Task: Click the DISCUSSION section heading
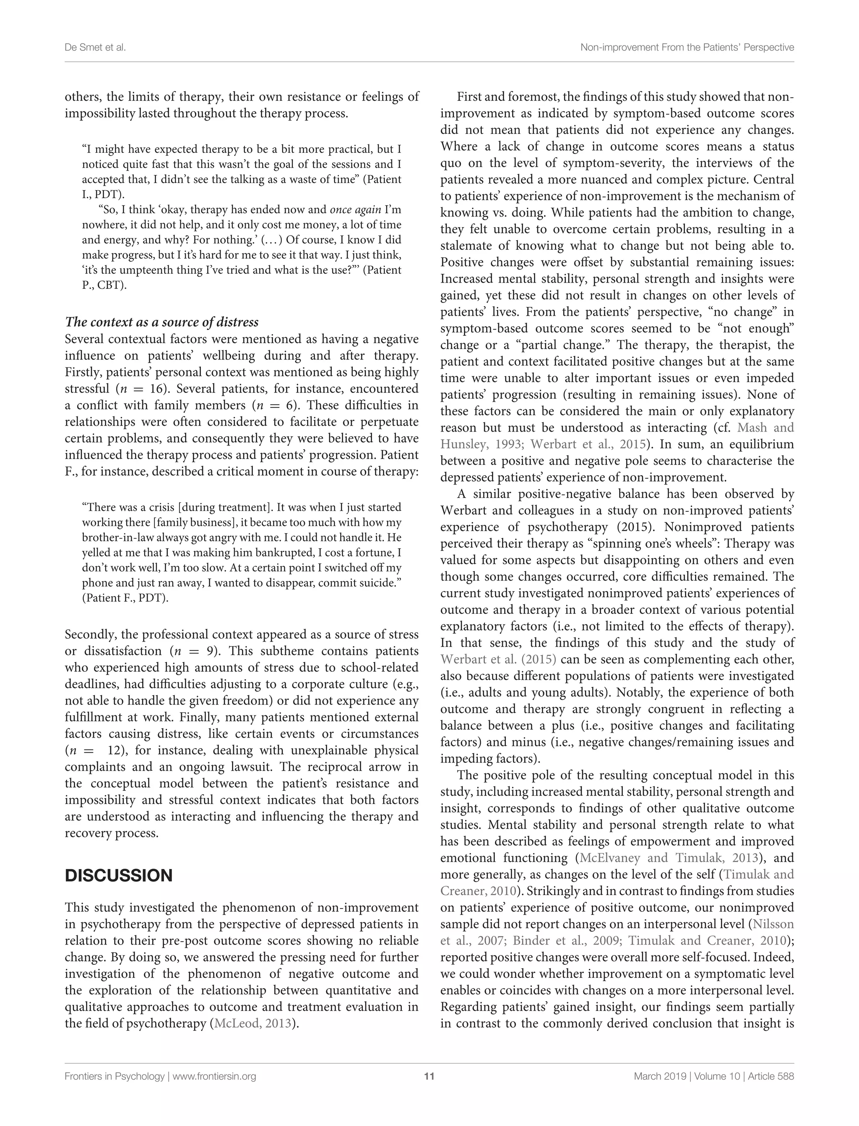[119, 875]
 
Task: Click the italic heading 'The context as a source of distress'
[161, 322]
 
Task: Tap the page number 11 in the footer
[429, 1076]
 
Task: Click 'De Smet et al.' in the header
[95, 47]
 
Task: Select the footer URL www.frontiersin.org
[214, 1076]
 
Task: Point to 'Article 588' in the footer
[770, 1076]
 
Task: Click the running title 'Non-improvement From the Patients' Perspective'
[687, 47]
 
